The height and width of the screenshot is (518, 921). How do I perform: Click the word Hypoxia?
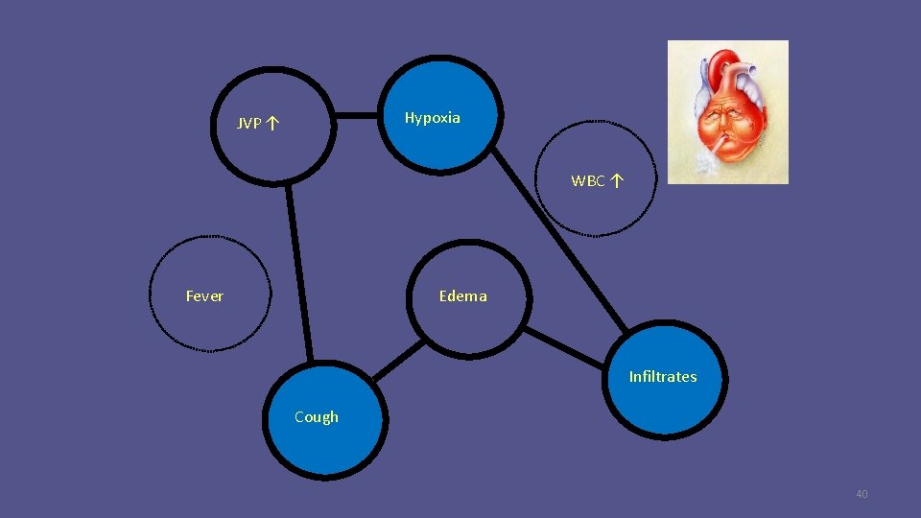click(x=432, y=118)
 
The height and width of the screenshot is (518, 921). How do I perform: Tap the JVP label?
click(x=249, y=123)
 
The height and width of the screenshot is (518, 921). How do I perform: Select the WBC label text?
click(x=588, y=180)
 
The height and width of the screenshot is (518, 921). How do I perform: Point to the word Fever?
click(x=204, y=296)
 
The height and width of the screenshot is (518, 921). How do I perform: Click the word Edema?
click(x=462, y=296)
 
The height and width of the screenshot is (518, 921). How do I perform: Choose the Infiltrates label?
click(x=662, y=377)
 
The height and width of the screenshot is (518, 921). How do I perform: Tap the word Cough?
click(x=316, y=417)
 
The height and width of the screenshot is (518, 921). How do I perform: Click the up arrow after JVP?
click(x=273, y=123)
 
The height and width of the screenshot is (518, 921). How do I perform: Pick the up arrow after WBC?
click(x=616, y=180)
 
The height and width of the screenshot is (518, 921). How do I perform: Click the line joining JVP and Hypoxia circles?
click(x=357, y=115)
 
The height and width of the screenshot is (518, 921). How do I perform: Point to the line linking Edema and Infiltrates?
click(x=566, y=345)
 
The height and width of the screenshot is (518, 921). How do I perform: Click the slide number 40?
click(x=861, y=494)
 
